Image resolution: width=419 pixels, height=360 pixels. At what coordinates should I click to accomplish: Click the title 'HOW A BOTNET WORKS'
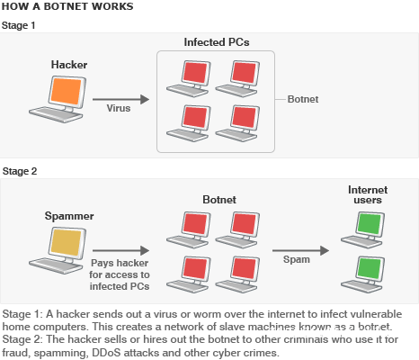click(67, 6)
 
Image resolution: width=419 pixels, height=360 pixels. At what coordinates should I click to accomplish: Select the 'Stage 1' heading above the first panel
click(19, 25)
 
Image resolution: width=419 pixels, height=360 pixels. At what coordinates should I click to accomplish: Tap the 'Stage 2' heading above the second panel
click(20, 171)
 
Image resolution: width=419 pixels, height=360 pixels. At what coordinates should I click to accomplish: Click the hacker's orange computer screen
click(66, 91)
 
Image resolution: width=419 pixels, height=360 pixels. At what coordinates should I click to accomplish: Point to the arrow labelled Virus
click(120, 99)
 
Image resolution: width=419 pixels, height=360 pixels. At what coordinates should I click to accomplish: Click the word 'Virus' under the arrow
click(119, 108)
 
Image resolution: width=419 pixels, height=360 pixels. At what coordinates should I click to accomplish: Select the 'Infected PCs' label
click(217, 42)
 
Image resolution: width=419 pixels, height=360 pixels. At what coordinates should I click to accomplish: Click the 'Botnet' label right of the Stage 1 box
click(303, 99)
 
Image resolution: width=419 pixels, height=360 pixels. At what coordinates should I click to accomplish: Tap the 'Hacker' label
click(69, 65)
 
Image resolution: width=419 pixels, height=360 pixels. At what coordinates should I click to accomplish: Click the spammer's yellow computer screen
click(66, 242)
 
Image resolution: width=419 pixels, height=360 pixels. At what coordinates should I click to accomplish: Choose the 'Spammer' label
click(69, 216)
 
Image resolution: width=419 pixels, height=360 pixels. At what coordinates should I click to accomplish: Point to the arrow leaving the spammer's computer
click(120, 250)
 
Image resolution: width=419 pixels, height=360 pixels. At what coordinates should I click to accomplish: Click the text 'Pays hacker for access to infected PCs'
click(120, 274)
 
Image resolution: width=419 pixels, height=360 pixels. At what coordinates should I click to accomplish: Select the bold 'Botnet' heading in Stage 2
click(219, 200)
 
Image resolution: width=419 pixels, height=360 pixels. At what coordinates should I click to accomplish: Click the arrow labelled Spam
click(300, 250)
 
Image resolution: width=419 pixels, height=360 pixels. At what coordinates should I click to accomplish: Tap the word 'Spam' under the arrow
click(297, 259)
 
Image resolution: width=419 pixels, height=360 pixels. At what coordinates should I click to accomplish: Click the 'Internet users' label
click(368, 194)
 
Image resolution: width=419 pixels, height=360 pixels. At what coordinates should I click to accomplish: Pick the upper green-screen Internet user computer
click(363, 229)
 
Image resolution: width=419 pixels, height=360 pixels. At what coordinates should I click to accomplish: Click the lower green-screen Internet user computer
click(363, 274)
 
